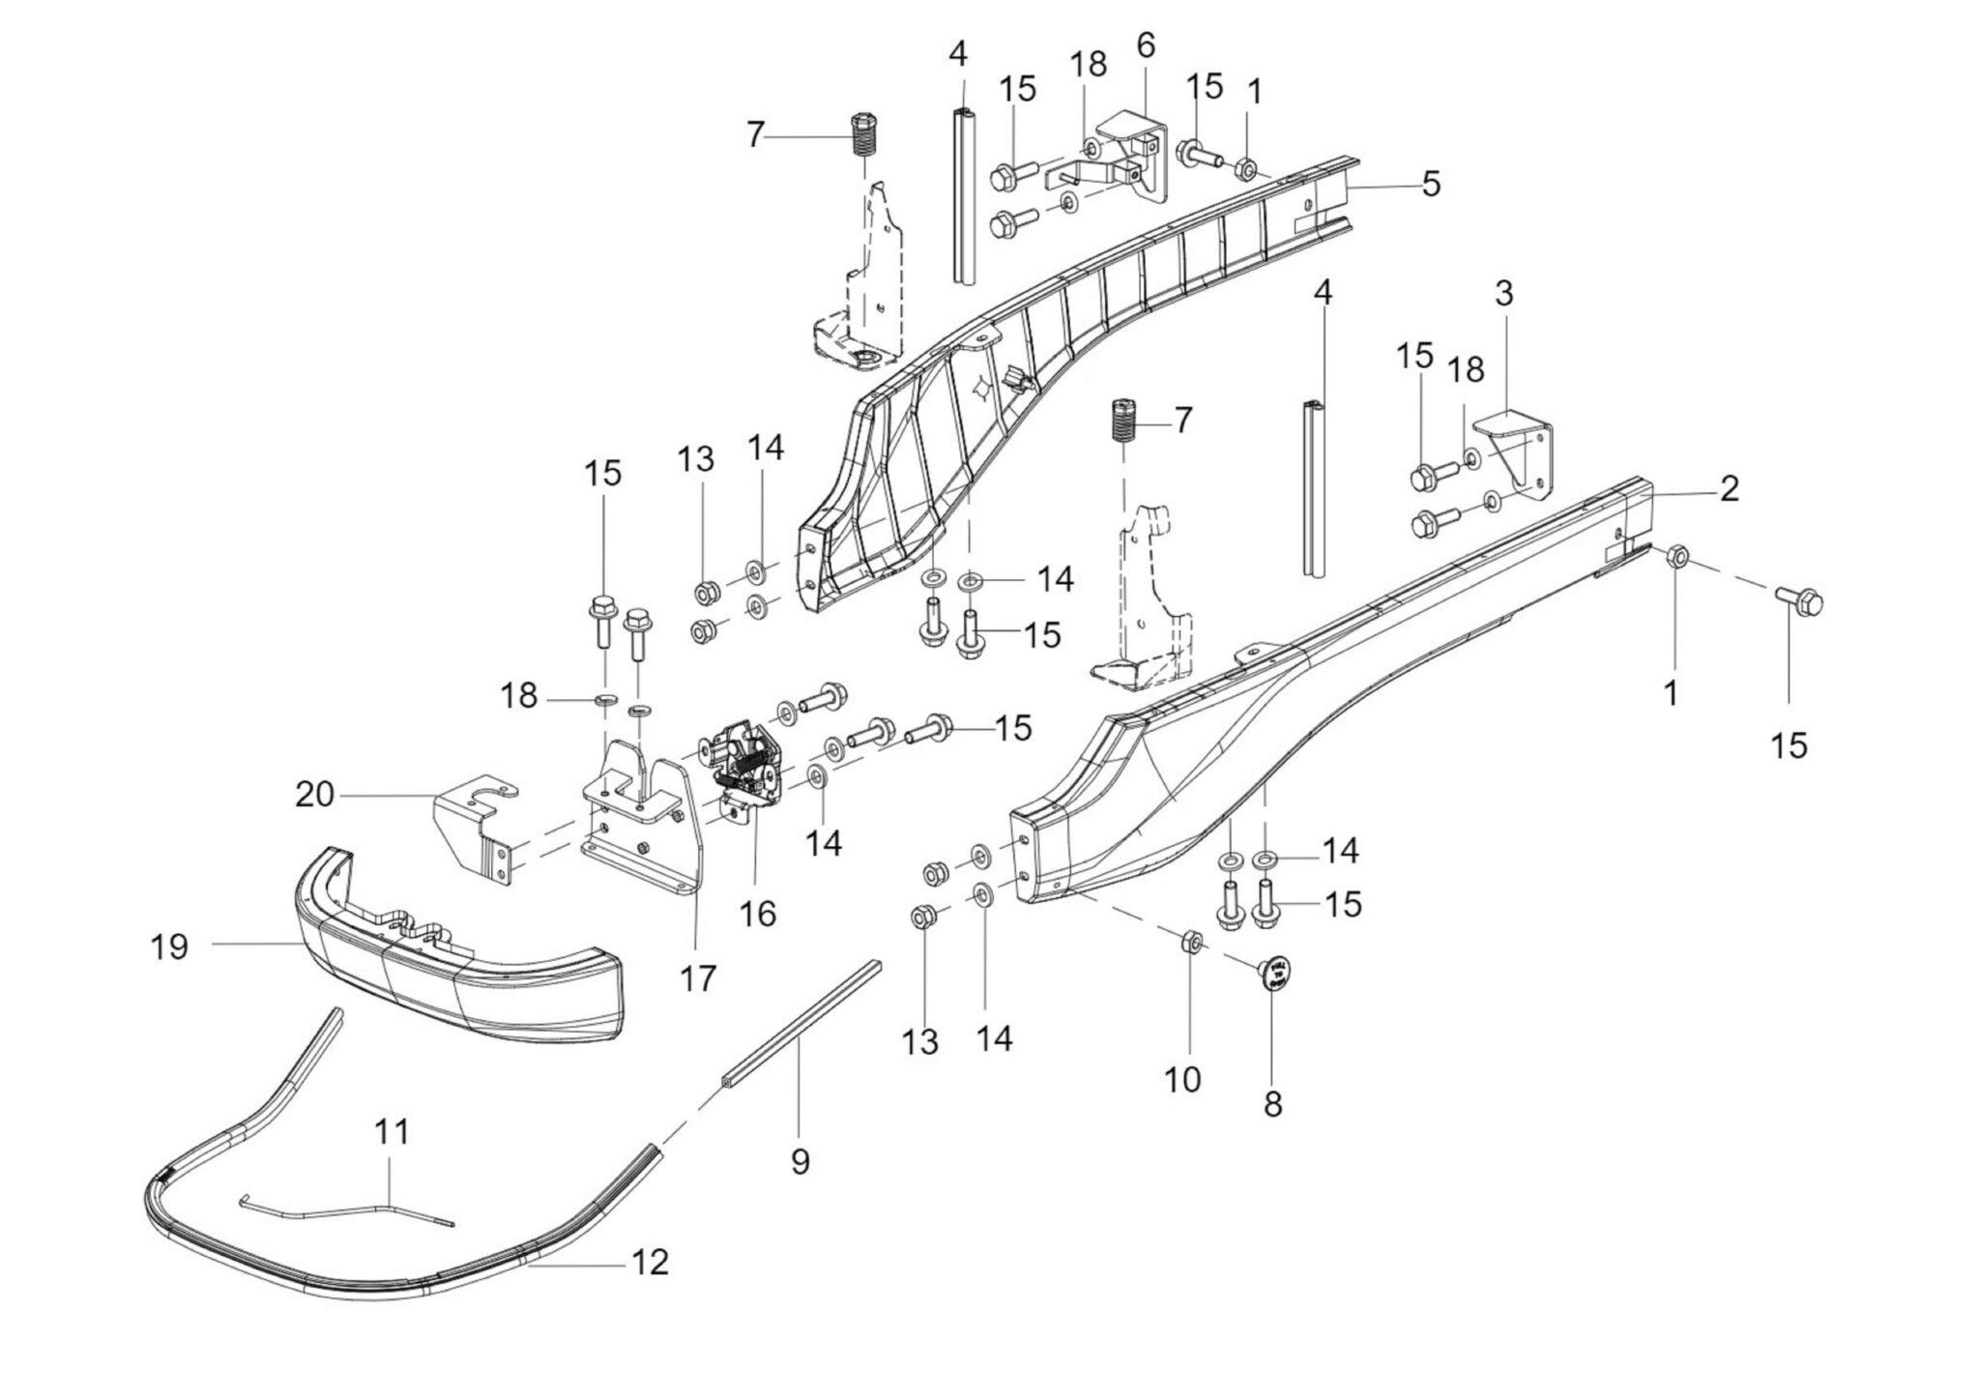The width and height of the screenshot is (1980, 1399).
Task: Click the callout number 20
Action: coord(314,796)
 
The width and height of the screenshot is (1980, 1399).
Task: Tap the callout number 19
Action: coord(169,946)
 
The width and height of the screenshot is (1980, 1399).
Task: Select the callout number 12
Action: coord(651,1262)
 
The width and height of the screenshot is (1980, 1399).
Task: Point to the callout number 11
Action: coord(392,1132)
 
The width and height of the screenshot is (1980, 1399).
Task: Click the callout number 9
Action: coord(800,1161)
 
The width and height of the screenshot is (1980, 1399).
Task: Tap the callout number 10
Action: coord(1182,1079)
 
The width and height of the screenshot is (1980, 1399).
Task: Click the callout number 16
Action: coord(758,913)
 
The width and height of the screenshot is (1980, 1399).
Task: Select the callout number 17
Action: coord(698,978)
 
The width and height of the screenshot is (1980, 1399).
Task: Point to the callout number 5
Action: coord(1431,183)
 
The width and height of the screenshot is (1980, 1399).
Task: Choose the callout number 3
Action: coord(1503,293)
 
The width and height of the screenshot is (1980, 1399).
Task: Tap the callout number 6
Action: coord(1146,45)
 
